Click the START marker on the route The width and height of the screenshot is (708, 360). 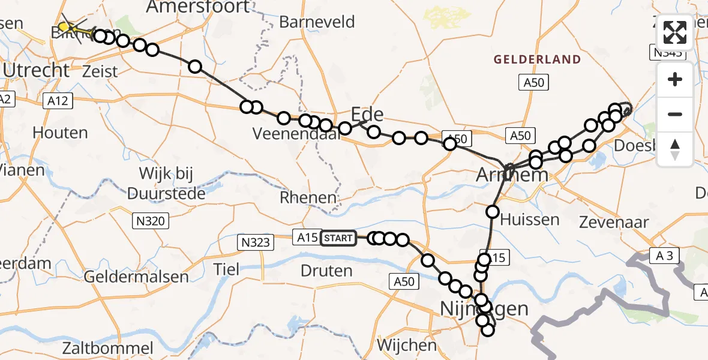[x=338, y=238]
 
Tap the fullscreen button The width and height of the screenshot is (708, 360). [x=675, y=32]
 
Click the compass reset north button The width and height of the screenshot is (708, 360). [x=675, y=149]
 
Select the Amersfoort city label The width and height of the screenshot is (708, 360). [x=198, y=7]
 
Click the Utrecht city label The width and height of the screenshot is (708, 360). [x=36, y=70]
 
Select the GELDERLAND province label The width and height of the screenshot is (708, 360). [x=537, y=59]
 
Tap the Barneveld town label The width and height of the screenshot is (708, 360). [x=317, y=22]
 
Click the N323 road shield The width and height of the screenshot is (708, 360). [x=256, y=242]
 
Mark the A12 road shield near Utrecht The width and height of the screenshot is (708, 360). [x=58, y=103]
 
